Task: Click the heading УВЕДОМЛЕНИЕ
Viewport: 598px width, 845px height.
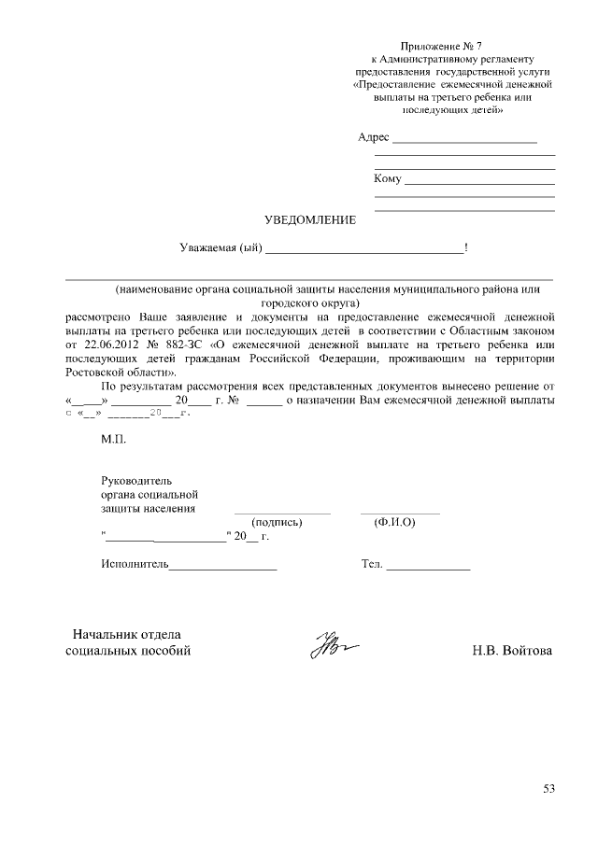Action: [x=311, y=220]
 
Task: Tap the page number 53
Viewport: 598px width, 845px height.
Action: [x=549, y=789]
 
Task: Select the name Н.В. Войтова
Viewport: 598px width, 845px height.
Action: [x=512, y=651]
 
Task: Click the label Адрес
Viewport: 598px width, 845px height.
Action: [x=374, y=137]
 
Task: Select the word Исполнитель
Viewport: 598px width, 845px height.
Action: [x=134, y=565]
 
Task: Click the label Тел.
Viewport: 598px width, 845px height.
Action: [x=372, y=565]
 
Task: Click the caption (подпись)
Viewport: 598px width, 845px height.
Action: [x=277, y=523]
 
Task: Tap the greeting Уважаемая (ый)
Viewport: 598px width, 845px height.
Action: [x=221, y=248]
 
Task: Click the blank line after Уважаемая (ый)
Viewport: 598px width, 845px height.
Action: [x=364, y=250]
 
